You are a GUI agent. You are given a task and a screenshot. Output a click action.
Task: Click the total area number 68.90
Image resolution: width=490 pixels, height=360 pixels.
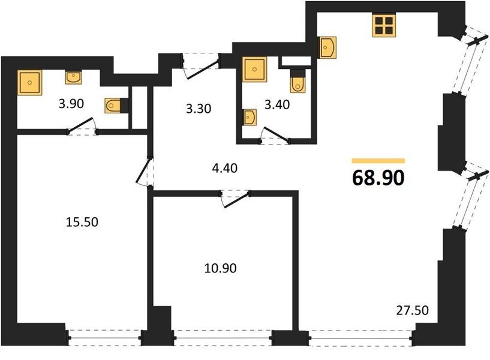378,178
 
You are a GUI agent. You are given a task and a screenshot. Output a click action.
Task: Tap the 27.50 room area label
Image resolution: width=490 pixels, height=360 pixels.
412,310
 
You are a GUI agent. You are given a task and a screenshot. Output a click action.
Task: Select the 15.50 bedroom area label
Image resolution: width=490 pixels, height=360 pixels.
82,222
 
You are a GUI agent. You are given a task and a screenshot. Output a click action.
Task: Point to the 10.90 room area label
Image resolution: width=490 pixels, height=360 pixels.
220,268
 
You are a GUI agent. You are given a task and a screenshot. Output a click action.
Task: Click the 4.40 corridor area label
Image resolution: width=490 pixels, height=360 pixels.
224,168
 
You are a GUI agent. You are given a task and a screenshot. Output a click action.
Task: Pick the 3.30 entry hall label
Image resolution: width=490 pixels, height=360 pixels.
199,109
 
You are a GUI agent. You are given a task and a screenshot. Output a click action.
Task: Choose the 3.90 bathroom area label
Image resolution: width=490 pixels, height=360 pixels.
71,103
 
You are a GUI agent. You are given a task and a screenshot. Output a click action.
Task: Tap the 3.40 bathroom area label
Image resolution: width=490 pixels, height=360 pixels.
277,104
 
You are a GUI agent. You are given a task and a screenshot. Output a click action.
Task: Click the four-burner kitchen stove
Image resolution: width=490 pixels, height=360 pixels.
384,25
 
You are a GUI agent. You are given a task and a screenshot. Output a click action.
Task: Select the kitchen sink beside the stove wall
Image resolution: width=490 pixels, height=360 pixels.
326,47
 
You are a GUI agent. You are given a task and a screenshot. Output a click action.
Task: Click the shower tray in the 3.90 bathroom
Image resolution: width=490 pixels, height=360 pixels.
29,82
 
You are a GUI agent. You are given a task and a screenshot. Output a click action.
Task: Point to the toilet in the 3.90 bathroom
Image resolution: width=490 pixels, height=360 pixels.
116,106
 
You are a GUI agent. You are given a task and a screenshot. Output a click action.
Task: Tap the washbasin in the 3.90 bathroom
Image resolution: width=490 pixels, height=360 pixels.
73,77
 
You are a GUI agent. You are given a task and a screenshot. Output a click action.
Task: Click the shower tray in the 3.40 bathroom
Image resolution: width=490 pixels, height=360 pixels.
255,70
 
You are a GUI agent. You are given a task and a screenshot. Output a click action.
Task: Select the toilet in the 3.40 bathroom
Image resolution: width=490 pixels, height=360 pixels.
297,81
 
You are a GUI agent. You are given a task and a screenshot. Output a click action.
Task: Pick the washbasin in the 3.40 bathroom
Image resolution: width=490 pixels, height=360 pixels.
249,117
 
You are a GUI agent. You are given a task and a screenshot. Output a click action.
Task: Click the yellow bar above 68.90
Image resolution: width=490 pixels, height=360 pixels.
378,161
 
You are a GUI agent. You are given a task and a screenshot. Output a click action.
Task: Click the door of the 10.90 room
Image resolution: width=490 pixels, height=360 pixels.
235,200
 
